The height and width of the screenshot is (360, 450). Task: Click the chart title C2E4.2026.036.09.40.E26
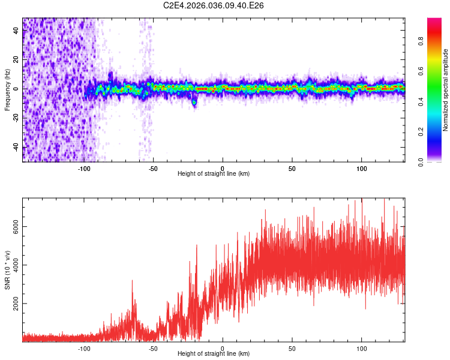click(x=214, y=5)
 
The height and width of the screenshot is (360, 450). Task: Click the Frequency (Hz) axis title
click(x=7, y=89)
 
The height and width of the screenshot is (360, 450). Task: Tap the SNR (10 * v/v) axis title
click(x=7, y=270)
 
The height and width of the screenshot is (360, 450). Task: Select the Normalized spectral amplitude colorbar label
click(x=445, y=90)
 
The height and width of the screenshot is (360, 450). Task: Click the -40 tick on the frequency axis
click(x=16, y=148)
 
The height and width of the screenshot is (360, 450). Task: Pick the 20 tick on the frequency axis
click(x=16, y=59)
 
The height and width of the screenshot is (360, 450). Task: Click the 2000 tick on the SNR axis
click(x=16, y=304)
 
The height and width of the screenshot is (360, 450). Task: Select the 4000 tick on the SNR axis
click(x=16, y=266)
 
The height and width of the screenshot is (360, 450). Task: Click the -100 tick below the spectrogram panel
click(x=84, y=168)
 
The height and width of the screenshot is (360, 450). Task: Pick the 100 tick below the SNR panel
click(x=362, y=349)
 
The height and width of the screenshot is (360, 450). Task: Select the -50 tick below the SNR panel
click(x=153, y=349)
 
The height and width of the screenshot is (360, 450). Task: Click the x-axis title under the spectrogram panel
click(x=214, y=174)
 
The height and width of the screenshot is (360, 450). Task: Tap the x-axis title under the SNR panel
click(x=214, y=354)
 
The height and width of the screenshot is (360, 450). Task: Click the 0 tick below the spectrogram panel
click(x=223, y=168)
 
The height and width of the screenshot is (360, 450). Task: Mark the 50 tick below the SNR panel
click(x=292, y=349)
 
